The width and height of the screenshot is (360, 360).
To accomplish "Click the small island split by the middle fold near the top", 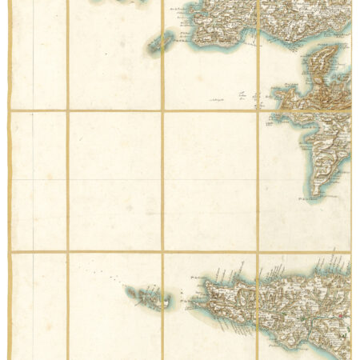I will [x=162, y=43].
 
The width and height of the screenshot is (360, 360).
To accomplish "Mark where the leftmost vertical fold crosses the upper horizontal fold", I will [x=68, y=110].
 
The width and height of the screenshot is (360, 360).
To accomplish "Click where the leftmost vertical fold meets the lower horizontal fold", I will [x=68, y=253].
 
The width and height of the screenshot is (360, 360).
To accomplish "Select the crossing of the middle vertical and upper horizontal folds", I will [x=162, y=110].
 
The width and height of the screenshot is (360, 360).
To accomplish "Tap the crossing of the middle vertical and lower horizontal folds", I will [x=162, y=253].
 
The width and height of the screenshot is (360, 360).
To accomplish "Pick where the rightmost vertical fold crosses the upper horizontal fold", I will [x=258, y=110].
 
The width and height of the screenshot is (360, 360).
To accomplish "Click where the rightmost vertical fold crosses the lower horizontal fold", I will [x=258, y=253].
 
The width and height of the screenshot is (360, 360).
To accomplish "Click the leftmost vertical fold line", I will [x=68, y=184].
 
